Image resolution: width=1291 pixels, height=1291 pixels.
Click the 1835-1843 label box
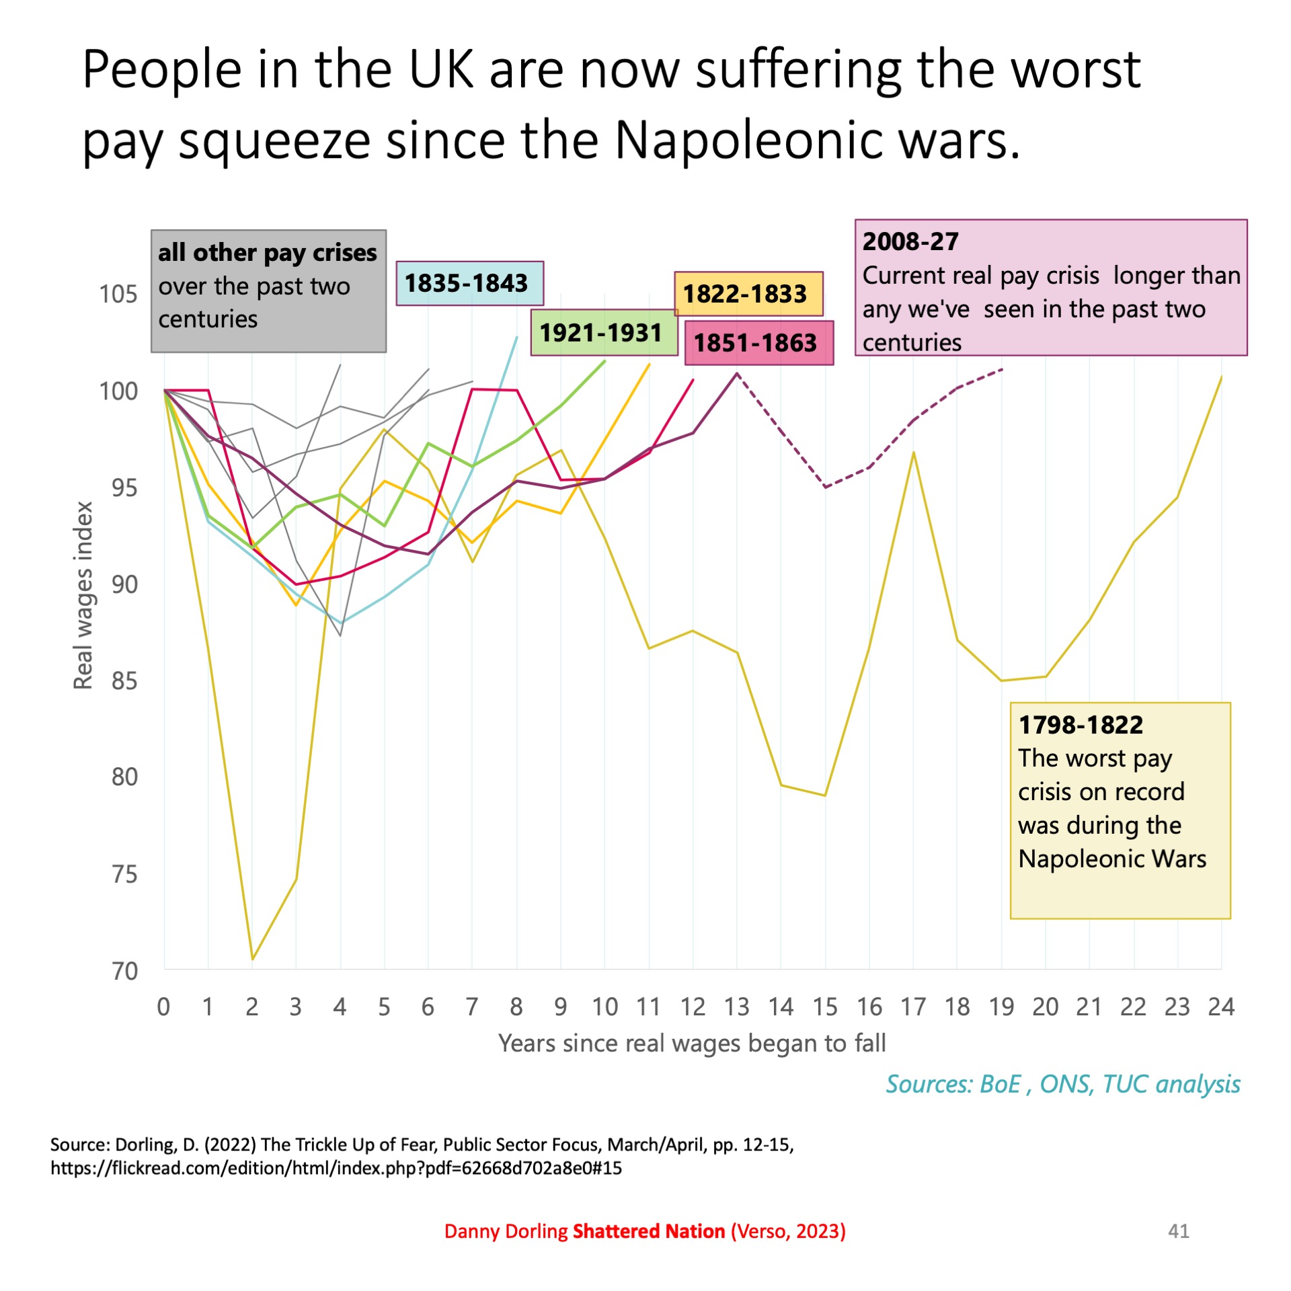pos(469,283)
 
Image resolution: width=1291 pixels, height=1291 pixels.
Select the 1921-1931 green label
pos(603,332)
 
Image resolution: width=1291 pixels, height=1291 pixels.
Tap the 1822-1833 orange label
pos(748,294)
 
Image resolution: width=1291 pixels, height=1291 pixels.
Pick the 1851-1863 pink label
pos(758,343)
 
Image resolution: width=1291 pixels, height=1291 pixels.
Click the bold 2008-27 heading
pos(910,241)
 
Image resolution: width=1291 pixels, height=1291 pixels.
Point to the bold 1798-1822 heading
pos(1081,725)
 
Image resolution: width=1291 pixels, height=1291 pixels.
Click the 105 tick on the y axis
pos(118,294)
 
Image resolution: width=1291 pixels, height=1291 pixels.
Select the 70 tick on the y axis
pos(124,971)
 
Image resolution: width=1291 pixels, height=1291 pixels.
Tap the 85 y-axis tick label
pos(124,681)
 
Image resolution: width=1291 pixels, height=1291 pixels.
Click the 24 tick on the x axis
pos(1221,1007)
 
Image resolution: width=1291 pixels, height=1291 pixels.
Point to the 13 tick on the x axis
pos(737,1007)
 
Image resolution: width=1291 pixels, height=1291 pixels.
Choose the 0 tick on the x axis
pos(163,1007)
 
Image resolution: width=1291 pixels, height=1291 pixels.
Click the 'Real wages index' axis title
pos(83,596)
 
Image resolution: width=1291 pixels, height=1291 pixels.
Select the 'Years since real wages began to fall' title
pos(692,1044)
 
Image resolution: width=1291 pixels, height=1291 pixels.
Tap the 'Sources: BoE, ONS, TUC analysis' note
pos(1062,1084)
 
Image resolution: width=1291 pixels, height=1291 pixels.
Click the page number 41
pos(1178,1231)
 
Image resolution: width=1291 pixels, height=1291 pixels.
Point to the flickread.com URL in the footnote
pos(336,1168)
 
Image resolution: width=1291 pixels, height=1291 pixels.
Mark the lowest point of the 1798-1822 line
pos(252,960)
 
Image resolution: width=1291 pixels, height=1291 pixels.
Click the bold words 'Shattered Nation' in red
pos(648,1231)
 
